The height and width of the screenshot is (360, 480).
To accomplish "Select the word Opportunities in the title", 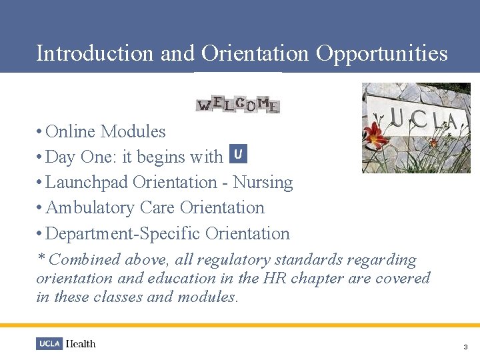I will pos(381,53).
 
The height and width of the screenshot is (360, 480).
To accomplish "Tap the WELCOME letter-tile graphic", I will pos(238,104).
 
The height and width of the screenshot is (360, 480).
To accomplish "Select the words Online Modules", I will pos(106,131).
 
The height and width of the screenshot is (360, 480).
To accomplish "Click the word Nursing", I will pos(263,182).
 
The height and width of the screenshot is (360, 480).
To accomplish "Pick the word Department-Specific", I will pos(123,233).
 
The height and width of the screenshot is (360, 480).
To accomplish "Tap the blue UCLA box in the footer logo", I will pos(49,344).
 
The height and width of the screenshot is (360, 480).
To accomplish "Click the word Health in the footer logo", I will pos(81,344).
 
